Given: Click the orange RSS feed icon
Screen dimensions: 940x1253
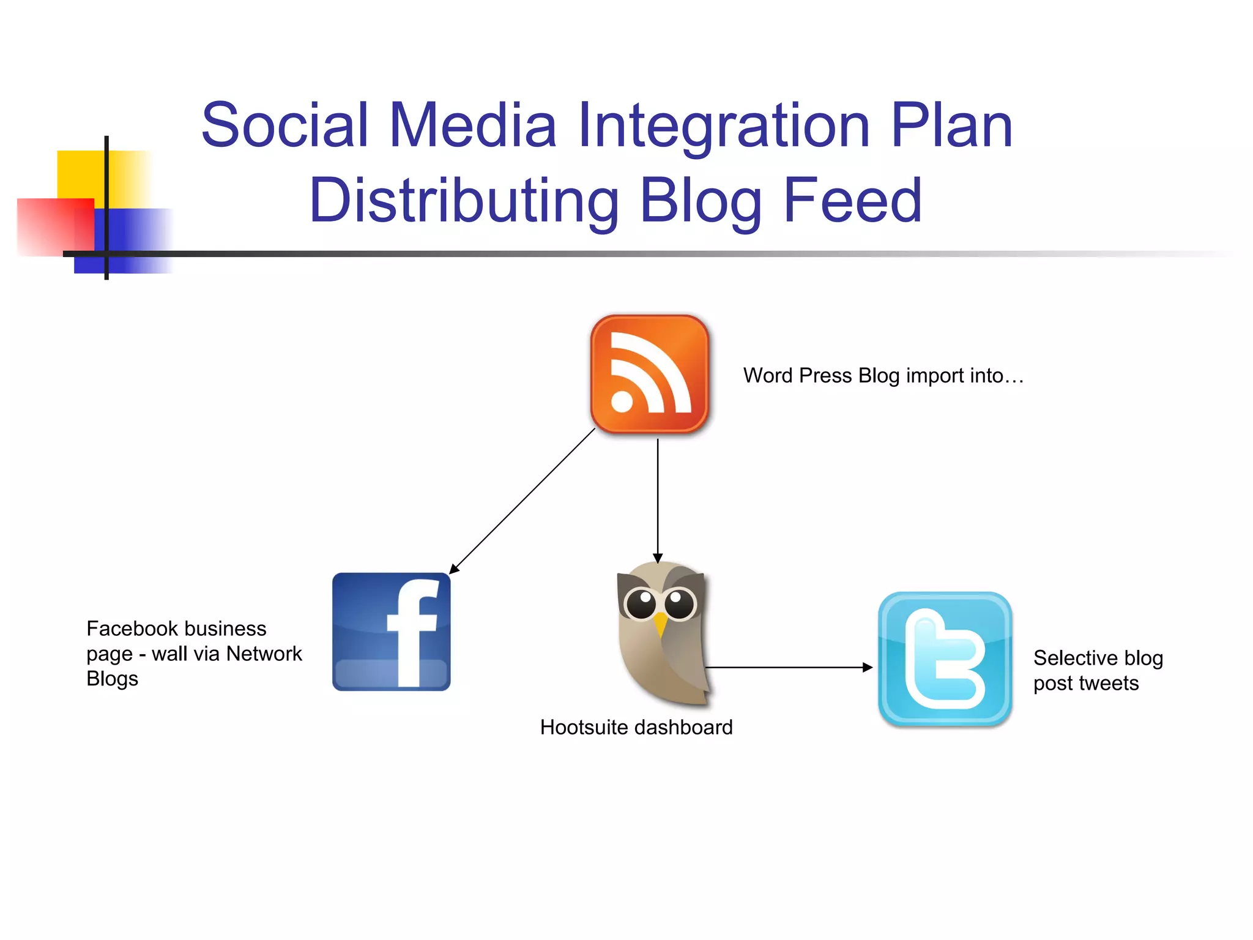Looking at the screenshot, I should pos(649,374).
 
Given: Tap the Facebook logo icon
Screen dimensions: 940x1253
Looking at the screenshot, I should pos(391,632).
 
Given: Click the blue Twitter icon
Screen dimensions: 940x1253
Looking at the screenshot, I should pos(945,659).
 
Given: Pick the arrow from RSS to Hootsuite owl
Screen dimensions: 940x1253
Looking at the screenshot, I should pos(658,499).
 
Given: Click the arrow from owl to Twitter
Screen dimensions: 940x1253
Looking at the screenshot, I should pos(789,667).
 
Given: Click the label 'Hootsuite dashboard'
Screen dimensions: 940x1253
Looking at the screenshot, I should pos(636,727).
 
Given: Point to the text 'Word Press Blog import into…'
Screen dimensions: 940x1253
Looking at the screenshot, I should pos(883,375).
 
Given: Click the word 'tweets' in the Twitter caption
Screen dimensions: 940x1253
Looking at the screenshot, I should pos(1109,683).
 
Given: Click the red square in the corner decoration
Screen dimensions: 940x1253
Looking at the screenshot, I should pos(52,226).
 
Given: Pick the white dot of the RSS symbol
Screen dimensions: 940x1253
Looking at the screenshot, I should pos(622,402).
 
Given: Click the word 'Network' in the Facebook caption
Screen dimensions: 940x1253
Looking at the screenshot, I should pos(264,654).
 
